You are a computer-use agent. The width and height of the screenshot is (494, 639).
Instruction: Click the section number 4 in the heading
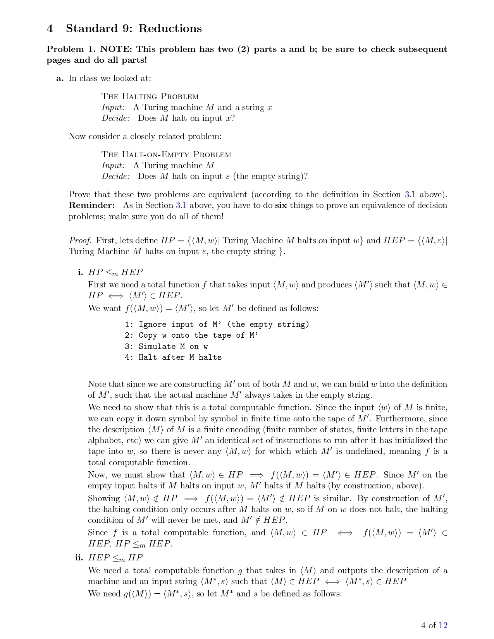50,29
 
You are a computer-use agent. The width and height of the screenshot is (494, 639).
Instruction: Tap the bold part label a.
60,78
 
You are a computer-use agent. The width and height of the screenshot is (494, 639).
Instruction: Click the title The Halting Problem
150,96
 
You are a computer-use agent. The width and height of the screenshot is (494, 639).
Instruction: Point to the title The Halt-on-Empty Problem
166,155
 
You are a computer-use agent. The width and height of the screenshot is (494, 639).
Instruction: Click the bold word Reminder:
91,205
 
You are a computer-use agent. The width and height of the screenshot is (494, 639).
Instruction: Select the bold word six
281,205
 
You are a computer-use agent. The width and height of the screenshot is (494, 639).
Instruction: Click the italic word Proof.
80,240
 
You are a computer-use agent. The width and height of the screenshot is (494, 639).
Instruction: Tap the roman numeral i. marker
80,272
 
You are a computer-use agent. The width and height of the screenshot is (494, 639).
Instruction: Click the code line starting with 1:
217,325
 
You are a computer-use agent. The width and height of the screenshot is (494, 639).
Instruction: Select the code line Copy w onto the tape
191,335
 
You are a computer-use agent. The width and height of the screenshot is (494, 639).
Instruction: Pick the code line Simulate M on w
166,346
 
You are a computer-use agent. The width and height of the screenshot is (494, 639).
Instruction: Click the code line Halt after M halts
173,357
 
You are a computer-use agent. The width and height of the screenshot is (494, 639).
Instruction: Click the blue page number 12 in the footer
443,625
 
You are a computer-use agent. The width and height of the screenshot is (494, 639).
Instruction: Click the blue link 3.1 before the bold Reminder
410,194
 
